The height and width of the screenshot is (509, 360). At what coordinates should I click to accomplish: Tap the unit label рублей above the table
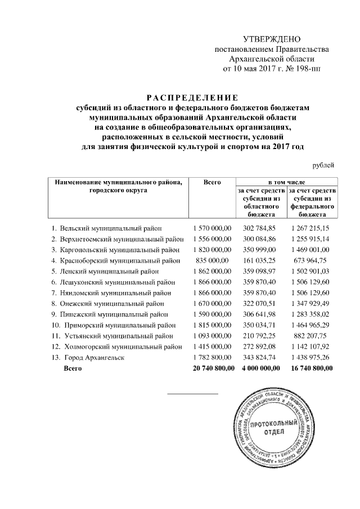[x=324, y=165]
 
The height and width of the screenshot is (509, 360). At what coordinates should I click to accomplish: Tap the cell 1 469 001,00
[x=310, y=249]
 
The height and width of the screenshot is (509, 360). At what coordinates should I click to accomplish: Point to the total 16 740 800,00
[x=310, y=368]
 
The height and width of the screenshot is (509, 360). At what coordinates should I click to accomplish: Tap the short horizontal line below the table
[x=193, y=393]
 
